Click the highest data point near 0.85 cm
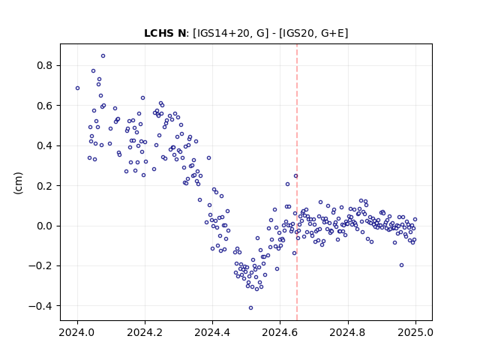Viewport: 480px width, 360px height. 103,56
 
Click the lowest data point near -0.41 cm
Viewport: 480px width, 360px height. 250,308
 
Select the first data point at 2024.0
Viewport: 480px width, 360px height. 77,88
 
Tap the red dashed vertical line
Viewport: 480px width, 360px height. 297,182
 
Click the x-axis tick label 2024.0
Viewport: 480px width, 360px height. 77,332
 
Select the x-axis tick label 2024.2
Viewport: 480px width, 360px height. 145,332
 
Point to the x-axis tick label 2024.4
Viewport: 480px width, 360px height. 212,332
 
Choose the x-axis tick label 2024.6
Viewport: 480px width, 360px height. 280,332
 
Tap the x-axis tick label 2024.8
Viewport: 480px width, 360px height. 348,332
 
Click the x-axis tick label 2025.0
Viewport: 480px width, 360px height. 415,332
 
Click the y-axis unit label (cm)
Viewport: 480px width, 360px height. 18,183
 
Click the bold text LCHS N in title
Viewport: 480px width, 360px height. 165,33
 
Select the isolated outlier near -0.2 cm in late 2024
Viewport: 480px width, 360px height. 402,265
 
